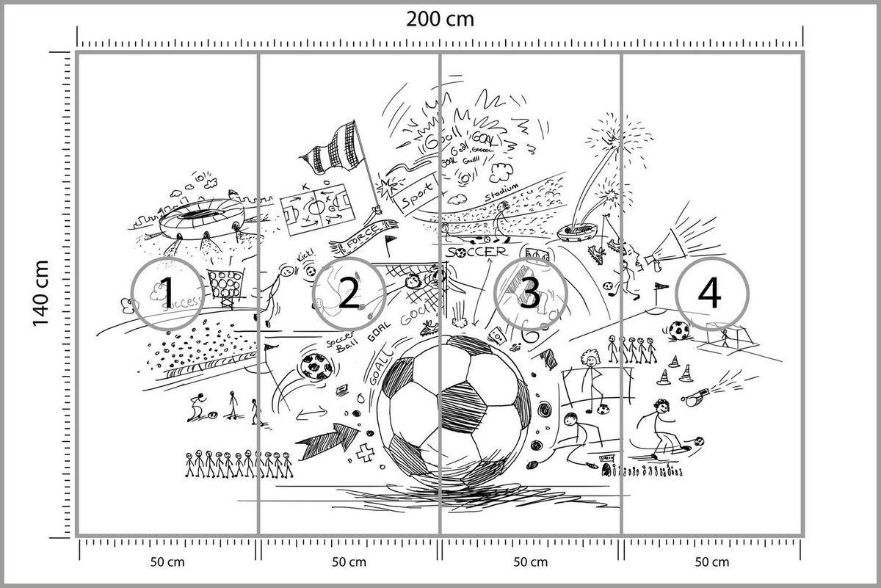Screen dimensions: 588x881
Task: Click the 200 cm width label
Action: pyautogui.click(x=440, y=18)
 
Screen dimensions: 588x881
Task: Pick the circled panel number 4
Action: pyautogui.click(x=710, y=294)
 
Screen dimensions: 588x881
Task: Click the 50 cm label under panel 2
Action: pyautogui.click(x=349, y=562)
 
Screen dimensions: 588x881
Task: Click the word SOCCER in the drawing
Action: pyautogui.click(x=476, y=252)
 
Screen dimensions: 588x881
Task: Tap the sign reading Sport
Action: pyautogui.click(x=413, y=192)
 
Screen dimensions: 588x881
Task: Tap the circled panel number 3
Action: pyautogui.click(x=529, y=294)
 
